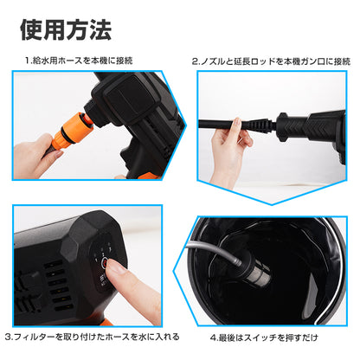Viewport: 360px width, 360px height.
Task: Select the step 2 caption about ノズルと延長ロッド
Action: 270,61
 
